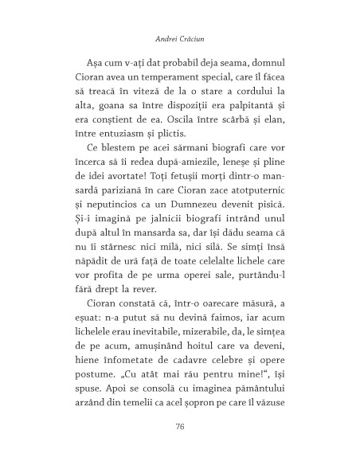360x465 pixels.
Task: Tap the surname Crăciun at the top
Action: [195, 37]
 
